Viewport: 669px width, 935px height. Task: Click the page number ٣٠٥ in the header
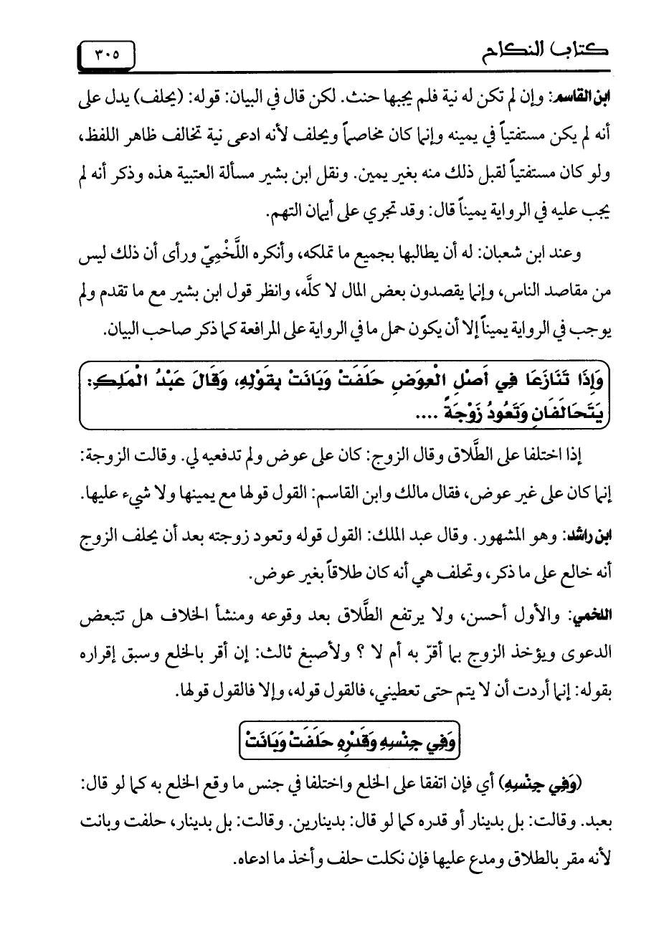click(106, 53)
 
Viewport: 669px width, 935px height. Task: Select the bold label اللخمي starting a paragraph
click(582, 615)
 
